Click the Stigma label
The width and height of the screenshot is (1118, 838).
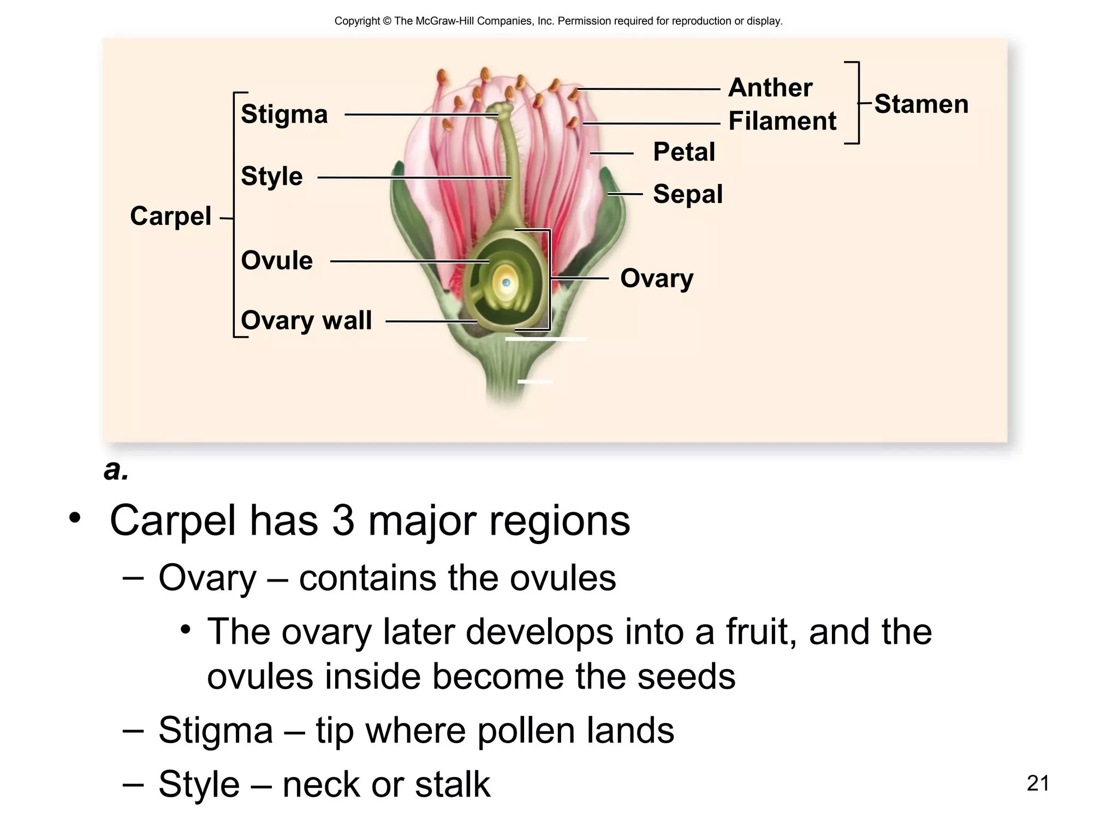pyautogui.click(x=284, y=114)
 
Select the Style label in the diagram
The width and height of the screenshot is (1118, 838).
pyautogui.click(x=271, y=176)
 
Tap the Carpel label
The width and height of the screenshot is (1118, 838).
pyautogui.click(x=170, y=216)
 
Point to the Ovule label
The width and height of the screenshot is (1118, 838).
pyautogui.click(x=277, y=260)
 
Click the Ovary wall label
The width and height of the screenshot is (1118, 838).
pyautogui.click(x=306, y=320)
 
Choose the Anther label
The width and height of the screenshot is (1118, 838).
pyautogui.click(x=770, y=88)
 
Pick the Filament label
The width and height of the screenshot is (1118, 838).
pyautogui.click(x=782, y=121)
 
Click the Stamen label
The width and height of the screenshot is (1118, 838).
pyautogui.click(x=921, y=104)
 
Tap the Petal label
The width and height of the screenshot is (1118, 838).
pyautogui.click(x=683, y=152)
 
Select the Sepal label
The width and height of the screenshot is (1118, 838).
pyautogui.click(x=687, y=194)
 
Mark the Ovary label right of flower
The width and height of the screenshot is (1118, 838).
pyautogui.click(x=656, y=278)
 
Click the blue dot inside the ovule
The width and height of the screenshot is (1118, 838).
pyautogui.click(x=506, y=283)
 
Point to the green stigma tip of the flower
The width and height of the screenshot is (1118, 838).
pyautogui.click(x=501, y=109)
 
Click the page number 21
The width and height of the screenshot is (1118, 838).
pyautogui.click(x=1037, y=783)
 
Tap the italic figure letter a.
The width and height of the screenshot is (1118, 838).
pyautogui.click(x=116, y=470)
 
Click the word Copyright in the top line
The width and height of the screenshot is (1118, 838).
pyautogui.click(x=357, y=21)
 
